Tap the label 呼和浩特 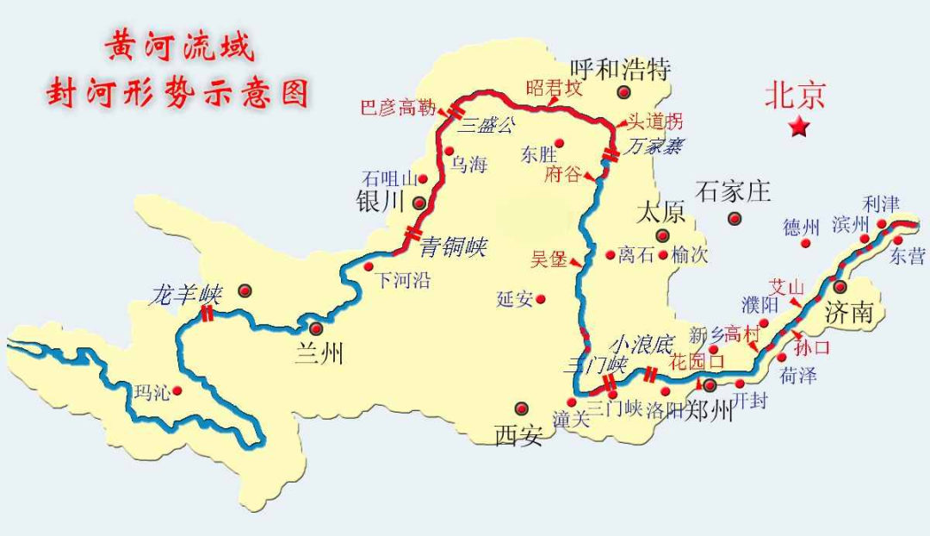(x=621, y=69)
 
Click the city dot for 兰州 (x=316, y=328)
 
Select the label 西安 (x=518, y=435)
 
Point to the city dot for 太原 (x=662, y=235)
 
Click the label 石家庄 (x=734, y=191)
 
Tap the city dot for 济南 (x=840, y=286)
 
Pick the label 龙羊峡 (x=186, y=295)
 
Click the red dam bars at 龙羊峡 (x=208, y=315)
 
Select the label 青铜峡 (x=453, y=248)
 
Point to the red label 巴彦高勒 (x=399, y=109)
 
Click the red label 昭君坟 (x=555, y=88)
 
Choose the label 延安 (x=515, y=299)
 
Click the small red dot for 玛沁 (x=177, y=390)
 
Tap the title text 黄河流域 (x=180, y=48)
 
